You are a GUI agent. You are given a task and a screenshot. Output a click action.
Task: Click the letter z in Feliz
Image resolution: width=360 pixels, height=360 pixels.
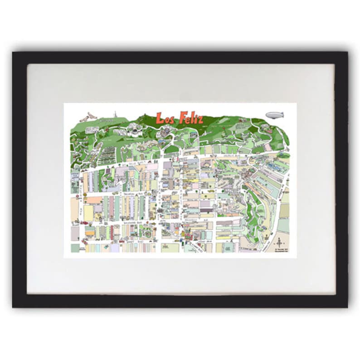pyautogui.click(x=199, y=120)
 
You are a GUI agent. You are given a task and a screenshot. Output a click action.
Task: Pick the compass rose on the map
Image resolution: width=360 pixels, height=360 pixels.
pyautogui.click(x=279, y=242)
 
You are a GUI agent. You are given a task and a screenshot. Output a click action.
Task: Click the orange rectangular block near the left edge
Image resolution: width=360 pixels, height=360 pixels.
pyautogui.click(x=94, y=199)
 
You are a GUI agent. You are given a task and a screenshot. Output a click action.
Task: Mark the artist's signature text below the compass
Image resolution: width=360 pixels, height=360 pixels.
pyautogui.click(x=281, y=250)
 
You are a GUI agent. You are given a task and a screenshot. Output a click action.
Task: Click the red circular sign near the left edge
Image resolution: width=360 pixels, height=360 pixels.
pyautogui.click(x=78, y=196)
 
